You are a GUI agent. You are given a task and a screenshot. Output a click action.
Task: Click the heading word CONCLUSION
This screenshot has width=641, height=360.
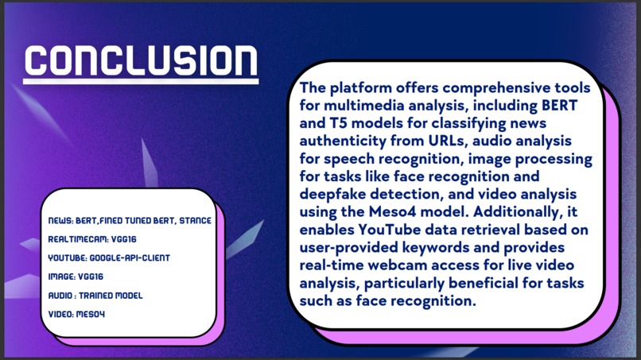coord(141,60)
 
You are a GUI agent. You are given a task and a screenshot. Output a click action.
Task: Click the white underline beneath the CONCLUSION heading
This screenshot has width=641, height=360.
coord(141,80)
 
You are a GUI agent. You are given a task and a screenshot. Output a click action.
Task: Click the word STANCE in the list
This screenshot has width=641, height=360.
coord(193,219)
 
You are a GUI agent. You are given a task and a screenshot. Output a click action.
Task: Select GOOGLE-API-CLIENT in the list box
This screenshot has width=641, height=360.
coord(132,257)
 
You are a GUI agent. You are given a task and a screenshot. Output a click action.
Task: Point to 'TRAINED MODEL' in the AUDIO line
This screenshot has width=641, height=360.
coord(114,296)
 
